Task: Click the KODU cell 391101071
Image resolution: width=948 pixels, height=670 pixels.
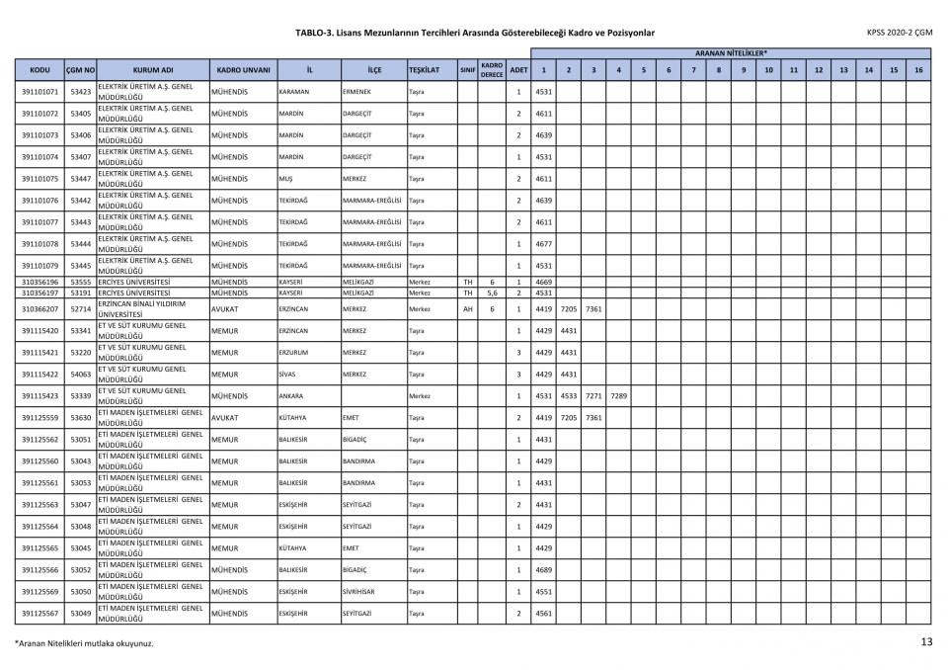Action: (x=39, y=92)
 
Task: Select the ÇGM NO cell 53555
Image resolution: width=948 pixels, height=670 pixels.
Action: (x=81, y=282)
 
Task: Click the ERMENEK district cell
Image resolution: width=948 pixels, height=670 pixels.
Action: (x=356, y=92)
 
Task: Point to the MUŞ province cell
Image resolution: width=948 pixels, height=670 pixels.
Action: (x=286, y=179)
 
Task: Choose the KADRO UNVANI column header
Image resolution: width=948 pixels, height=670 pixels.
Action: (x=242, y=70)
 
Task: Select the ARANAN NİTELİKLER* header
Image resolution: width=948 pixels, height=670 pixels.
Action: (x=731, y=52)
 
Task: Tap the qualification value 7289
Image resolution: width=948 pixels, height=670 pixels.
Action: (x=617, y=396)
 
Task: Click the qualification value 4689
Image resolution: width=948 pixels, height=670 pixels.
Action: (x=543, y=570)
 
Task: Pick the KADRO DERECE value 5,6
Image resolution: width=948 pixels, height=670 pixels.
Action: (x=492, y=293)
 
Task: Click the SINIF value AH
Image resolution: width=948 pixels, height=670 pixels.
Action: (x=468, y=309)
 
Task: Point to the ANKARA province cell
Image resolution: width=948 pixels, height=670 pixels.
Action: (x=291, y=396)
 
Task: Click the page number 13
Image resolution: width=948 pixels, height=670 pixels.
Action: (x=926, y=641)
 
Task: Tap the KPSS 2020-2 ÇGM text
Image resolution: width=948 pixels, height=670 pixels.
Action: (x=899, y=32)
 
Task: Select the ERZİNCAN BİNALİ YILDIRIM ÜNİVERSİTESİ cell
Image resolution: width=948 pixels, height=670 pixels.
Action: (x=152, y=309)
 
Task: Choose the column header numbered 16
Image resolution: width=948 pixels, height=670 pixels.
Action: (x=918, y=70)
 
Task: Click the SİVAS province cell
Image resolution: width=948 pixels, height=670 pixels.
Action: (x=288, y=375)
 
